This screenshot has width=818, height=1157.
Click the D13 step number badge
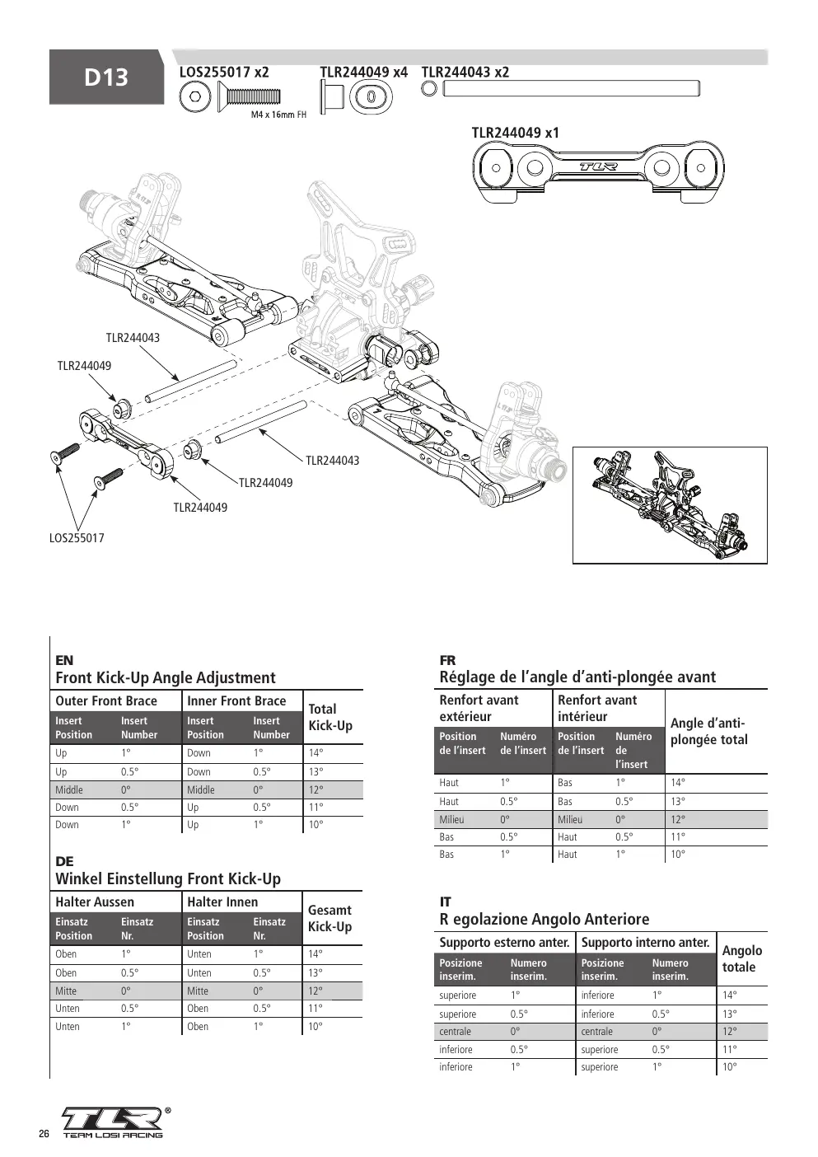click(106, 77)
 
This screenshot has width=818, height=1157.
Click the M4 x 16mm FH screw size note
click(278, 115)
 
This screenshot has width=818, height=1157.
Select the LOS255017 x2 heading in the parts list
click(224, 73)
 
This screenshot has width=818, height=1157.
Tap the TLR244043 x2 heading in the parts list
click(465, 73)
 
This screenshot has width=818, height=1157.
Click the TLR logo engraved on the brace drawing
click(598, 166)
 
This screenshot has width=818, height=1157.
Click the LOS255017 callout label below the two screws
click(77, 538)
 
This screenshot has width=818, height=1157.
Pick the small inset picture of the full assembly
click(670, 505)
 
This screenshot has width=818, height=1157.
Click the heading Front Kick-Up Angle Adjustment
click(166, 677)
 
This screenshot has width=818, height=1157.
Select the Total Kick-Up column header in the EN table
click(330, 717)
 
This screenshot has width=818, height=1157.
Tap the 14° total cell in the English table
click(316, 753)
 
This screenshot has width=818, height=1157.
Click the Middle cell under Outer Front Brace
click(69, 789)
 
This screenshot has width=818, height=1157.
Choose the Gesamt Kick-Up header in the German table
click(330, 918)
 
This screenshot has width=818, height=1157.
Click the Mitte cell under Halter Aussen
click(66, 991)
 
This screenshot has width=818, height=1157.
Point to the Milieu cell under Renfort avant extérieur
click(452, 819)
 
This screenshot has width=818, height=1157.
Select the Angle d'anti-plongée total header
click(709, 732)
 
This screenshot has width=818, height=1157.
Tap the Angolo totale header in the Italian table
click(742, 958)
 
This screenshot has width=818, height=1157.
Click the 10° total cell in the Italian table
click(729, 1066)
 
